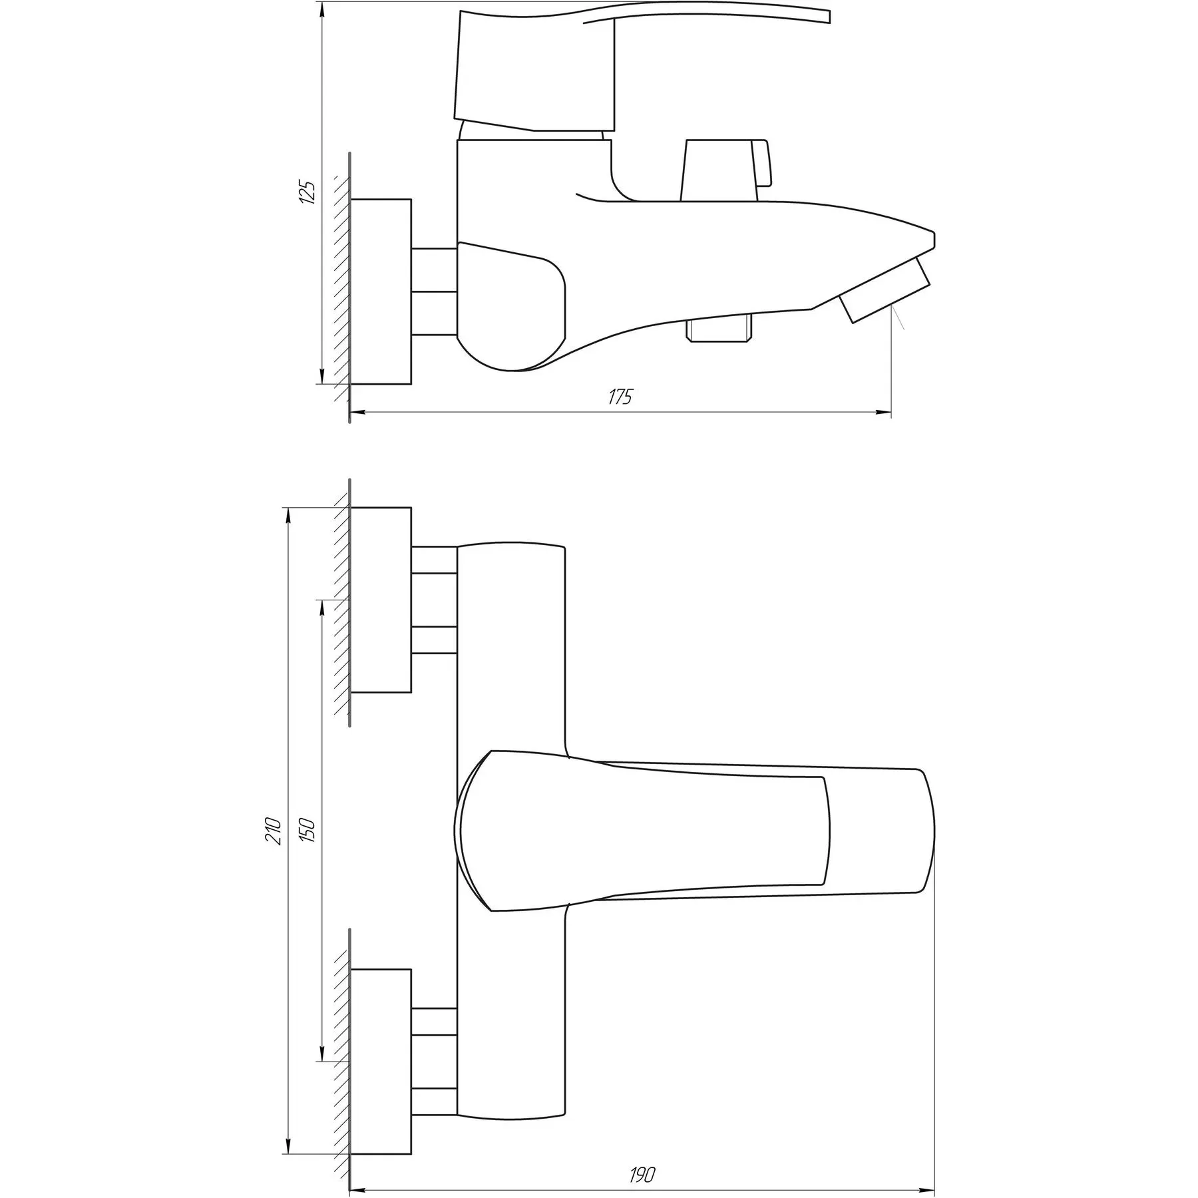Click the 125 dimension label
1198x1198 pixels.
[x=307, y=192]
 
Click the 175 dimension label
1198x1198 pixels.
[x=620, y=397]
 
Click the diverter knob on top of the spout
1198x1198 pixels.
[x=727, y=170]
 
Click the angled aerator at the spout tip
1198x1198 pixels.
[x=885, y=290]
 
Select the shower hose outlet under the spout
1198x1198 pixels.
[x=720, y=330]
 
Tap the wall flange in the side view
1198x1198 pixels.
[x=381, y=291]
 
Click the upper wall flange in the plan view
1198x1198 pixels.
[x=381, y=600]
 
